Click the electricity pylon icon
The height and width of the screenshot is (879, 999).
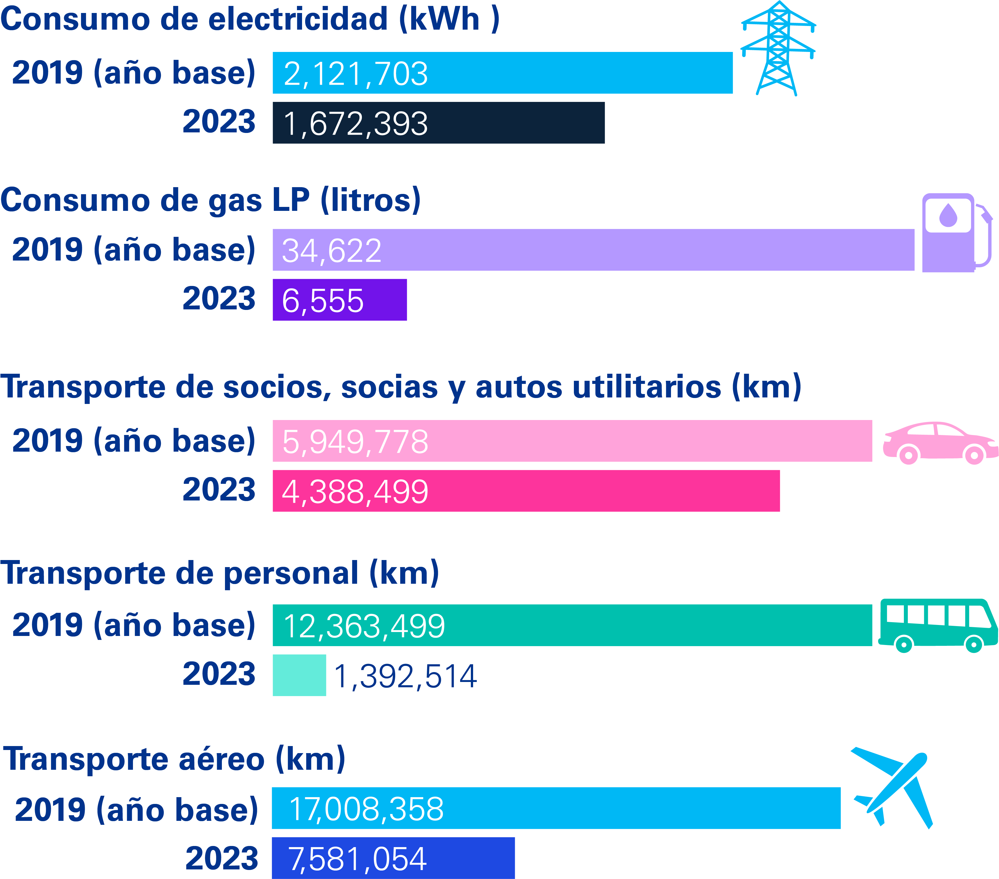778,49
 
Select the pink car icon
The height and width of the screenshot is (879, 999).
939,443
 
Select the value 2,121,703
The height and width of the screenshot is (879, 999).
355,74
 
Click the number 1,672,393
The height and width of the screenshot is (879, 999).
355,124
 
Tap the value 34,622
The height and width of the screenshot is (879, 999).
331,251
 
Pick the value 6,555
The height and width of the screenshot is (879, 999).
323,301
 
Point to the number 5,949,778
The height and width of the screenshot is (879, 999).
355,442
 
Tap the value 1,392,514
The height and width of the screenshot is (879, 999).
405,676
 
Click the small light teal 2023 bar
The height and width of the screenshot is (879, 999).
299,675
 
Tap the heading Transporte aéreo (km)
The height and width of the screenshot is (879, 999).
174,759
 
